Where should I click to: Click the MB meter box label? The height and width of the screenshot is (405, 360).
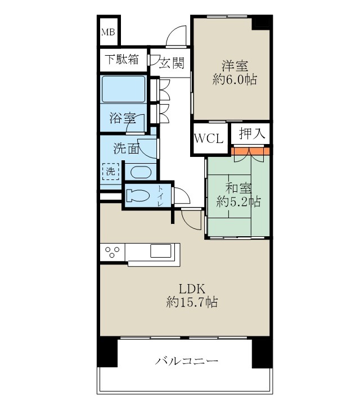108,32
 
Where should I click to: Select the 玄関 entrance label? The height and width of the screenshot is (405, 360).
172,62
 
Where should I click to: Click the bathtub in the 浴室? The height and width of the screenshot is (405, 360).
123,89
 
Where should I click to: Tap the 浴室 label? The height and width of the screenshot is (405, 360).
121,118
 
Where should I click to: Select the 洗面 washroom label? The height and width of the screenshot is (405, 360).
127,149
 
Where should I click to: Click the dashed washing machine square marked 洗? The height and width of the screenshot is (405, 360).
110,171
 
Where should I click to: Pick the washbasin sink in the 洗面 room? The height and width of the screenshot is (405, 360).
138,172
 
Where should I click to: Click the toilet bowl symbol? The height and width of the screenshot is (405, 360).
138,195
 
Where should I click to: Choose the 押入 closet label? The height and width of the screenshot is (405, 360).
249,134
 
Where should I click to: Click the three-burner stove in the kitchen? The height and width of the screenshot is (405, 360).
113,251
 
